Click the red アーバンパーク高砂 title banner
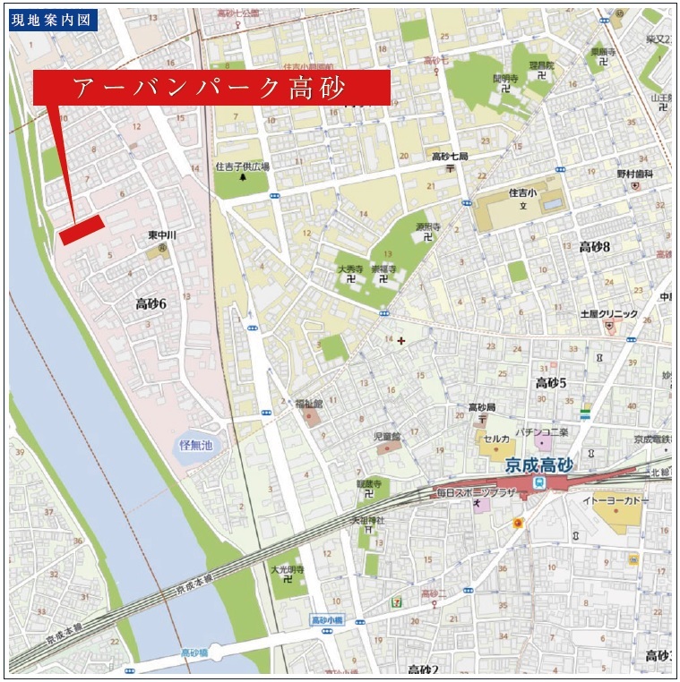tap(211, 88)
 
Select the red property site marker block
tap(82, 229)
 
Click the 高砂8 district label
tap(594, 247)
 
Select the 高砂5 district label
tap(551, 383)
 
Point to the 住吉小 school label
tap(522, 192)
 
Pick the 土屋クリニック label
tap(609, 314)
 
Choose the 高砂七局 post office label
tap(450, 156)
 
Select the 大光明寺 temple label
tap(288, 569)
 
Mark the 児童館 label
tap(388, 437)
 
